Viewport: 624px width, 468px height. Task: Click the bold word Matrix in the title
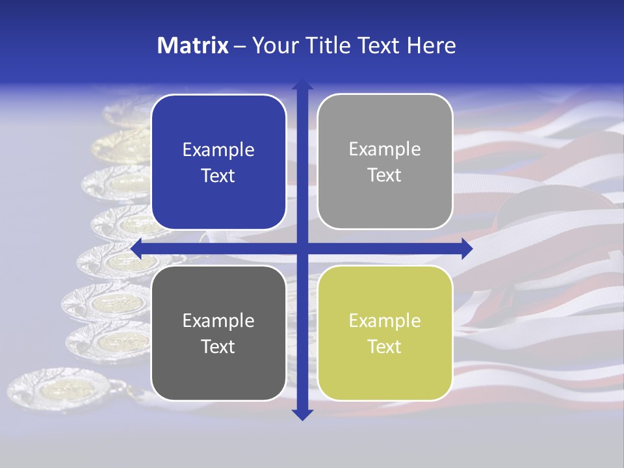tap(193, 45)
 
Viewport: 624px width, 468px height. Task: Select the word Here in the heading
tap(431, 45)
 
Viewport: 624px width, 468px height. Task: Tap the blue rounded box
tap(218, 162)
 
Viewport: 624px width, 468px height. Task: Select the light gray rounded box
tap(385, 161)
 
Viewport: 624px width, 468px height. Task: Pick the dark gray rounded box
tap(218, 333)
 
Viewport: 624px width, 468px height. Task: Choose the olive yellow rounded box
tap(385, 333)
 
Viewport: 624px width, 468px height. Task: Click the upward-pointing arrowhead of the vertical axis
tap(302, 84)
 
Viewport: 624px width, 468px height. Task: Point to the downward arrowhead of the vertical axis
tap(302, 414)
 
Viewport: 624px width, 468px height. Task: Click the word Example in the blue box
tap(218, 149)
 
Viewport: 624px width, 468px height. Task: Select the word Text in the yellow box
tap(385, 346)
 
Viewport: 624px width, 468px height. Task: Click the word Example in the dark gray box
tap(218, 320)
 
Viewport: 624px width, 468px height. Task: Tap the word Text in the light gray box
tap(385, 175)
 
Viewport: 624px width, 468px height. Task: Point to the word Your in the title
tap(274, 45)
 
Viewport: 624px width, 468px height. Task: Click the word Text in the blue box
tap(218, 175)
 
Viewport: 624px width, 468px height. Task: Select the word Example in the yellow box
tap(385, 320)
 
